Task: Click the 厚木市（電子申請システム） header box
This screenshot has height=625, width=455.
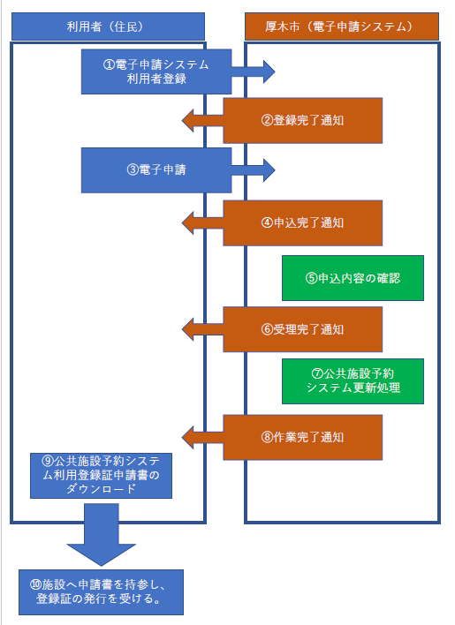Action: pyautogui.click(x=340, y=26)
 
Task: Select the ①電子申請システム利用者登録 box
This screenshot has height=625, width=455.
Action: pyautogui.click(x=156, y=72)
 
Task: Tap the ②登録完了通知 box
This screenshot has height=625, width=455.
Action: pyautogui.click(x=302, y=120)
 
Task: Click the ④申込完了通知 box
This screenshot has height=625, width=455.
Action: pyautogui.click(x=302, y=222)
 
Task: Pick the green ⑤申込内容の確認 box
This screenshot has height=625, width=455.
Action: pyautogui.click(x=353, y=277)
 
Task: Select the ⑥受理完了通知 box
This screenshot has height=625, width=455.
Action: pyautogui.click(x=302, y=329)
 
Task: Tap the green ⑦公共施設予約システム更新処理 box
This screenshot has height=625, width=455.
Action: pyautogui.click(x=353, y=380)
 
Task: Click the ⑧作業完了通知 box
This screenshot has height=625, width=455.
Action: pyautogui.click(x=302, y=436)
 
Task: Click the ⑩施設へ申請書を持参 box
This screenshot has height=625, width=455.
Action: pyautogui.click(x=101, y=591)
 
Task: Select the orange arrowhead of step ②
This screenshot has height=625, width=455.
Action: pyautogui.click(x=192, y=120)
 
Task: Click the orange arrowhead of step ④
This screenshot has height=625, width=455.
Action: pyautogui.click(x=192, y=222)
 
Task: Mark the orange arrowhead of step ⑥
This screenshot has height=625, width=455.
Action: pyautogui.click(x=192, y=329)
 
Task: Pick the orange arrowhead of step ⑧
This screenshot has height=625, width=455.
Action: pyautogui.click(x=192, y=436)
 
